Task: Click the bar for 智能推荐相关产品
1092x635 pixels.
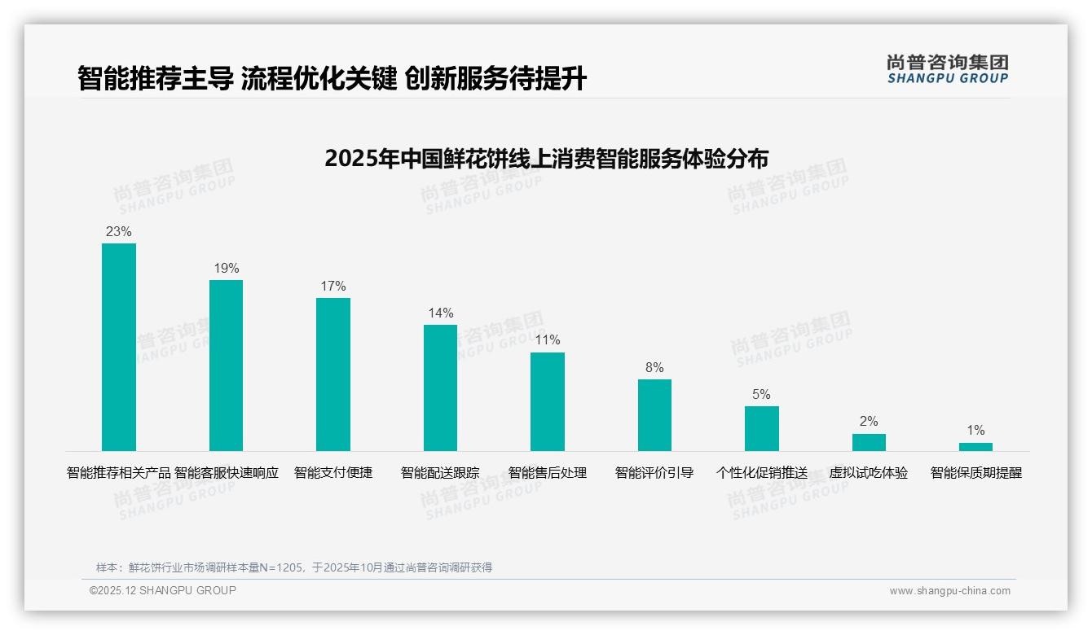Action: click(119, 347)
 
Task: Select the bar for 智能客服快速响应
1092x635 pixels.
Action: click(226, 365)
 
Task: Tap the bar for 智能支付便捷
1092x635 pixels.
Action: click(333, 374)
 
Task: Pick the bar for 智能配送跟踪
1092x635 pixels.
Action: click(440, 388)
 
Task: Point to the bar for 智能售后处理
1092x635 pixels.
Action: click(547, 401)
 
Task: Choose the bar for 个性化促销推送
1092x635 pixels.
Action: click(761, 428)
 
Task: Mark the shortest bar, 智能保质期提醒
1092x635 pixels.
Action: click(975, 447)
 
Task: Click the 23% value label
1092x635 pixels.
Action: click(119, 232)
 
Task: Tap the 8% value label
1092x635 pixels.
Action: click(654, 368)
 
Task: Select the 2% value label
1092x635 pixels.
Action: click(869, 422)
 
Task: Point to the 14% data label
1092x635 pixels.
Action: click(440, 313)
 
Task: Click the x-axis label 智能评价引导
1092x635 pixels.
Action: click(654, 473)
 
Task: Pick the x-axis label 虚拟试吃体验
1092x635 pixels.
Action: click(869, 473)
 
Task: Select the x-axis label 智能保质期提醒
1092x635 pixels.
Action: click(975, 473)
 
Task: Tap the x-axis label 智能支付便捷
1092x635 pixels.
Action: click(333, 473)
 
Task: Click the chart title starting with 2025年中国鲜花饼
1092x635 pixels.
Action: click(546, 159)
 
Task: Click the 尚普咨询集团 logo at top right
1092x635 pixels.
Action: click(947, 69)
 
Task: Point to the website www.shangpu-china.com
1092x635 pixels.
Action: click(949, 591)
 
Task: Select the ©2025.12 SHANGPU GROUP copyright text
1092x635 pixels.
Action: click(163, 590)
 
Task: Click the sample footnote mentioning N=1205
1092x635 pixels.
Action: click(294, 567)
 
